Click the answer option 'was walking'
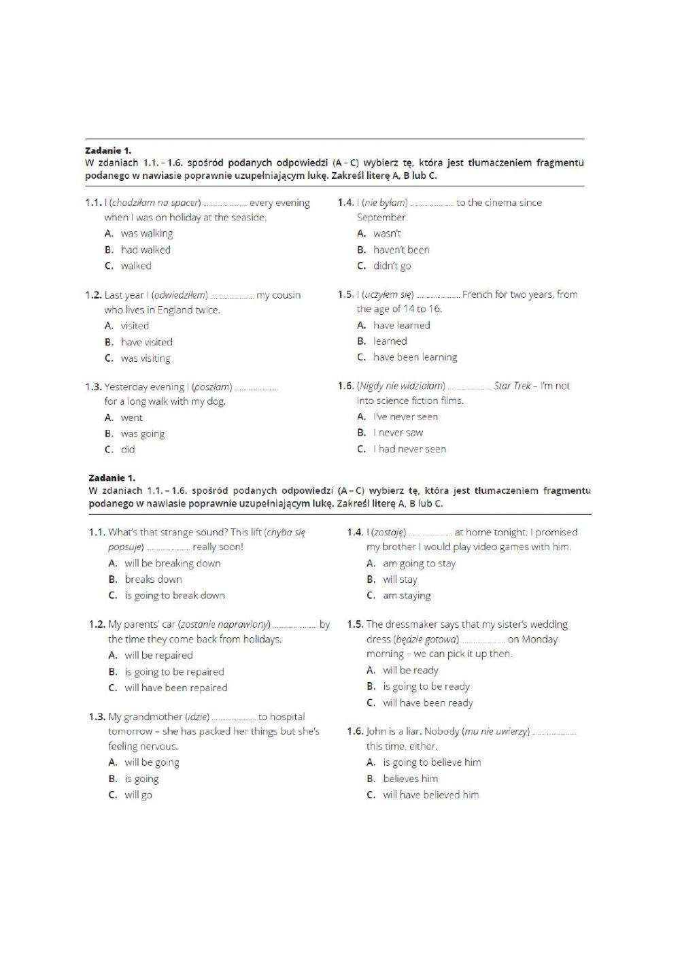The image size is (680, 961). pos(146,233)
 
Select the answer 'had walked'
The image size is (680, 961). pos(146,250)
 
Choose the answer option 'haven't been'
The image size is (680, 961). pos(401,250)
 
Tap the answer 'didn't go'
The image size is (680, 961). pos(392,266)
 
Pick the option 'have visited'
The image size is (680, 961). pos(146,342)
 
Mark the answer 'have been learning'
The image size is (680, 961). pos(415,357)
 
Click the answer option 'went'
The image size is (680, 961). pos(132,418)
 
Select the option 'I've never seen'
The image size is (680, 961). pos(405,416)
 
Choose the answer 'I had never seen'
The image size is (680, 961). pos(409,449)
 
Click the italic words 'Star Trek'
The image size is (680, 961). pos(512,386)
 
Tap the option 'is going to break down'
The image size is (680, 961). pos(174,595)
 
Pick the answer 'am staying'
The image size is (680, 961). pos(407,596)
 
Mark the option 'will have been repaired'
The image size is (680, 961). pos(175,688)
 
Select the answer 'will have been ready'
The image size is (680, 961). pos(428,703)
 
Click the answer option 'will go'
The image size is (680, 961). pos(138,794)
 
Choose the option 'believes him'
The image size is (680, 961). pos(410,779)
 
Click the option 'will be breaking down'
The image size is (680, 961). pos(172,563)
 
